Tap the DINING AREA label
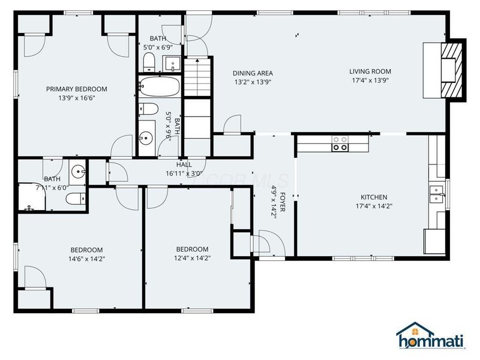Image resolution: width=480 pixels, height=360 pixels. [253, 73]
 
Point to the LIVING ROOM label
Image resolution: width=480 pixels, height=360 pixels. [370, 71]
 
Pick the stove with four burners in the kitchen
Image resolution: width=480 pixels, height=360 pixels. [340, 143]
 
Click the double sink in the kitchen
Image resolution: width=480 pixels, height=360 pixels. [436, 193]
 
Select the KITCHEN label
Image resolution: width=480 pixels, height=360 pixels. [373, 197]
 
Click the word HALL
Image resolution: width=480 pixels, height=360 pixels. [184, 164]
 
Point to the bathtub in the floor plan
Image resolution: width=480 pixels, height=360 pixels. [159, 87]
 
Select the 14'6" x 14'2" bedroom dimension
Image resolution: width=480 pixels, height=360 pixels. [86, 259]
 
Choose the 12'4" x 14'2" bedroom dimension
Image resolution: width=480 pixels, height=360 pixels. [192, 258]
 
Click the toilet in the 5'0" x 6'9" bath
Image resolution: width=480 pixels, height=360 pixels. [149, 62]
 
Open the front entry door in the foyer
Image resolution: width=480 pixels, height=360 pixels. [263, 243]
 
